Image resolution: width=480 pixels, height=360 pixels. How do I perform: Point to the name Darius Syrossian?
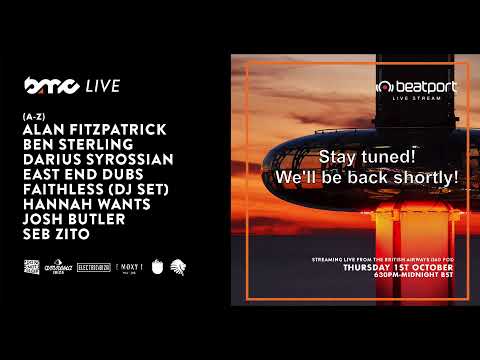(x=97, y=159)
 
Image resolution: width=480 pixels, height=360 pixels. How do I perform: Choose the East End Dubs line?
(x=78, y=174)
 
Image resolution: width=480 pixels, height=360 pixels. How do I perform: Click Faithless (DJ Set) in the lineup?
(x=94, y=189)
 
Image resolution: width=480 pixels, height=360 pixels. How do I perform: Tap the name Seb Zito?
(x=56, y=234)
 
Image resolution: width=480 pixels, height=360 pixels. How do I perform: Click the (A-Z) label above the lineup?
(x=33, y=117)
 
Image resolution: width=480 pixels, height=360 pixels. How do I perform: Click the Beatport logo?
(x=415, y=88)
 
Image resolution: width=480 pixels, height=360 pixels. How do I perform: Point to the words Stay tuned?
(x=360, y=157)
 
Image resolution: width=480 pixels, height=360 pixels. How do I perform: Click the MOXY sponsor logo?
(x=130, y=267)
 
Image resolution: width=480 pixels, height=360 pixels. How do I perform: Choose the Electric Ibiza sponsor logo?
(x=96, y=267)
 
